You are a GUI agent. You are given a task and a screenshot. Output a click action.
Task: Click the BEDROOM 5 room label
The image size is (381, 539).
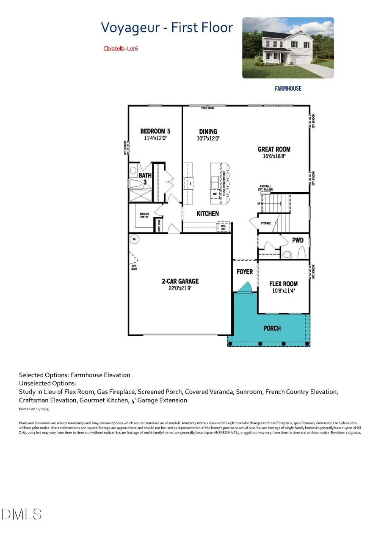(155, 131)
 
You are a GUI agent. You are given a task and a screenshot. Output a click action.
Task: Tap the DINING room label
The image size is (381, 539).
(208, 132)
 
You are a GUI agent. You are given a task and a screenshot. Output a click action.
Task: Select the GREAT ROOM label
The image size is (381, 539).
(274, 149)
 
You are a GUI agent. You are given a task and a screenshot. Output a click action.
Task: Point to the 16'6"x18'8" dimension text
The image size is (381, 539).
(274, 156)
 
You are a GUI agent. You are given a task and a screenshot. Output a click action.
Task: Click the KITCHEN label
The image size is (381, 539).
(207, 213)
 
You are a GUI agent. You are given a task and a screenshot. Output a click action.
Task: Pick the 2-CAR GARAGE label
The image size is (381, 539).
(180, 281)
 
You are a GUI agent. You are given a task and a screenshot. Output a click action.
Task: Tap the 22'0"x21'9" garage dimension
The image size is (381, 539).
(180, 288)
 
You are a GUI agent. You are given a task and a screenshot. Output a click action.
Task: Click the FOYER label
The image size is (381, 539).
(245, 272)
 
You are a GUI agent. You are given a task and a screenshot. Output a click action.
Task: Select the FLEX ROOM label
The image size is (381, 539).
(284, 284)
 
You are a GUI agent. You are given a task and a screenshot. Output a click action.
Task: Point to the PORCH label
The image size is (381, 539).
(272, 328)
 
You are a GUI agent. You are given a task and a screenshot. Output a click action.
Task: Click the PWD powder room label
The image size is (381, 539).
(298, 240)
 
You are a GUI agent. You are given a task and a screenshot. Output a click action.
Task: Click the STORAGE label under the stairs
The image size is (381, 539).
(265, 223)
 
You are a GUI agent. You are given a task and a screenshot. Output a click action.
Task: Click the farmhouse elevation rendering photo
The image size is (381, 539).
(288, 48)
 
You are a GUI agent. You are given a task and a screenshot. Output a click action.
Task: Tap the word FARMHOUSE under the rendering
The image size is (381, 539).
(287, 88)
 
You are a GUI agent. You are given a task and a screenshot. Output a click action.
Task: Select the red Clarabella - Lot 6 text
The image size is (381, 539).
(121, 48)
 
